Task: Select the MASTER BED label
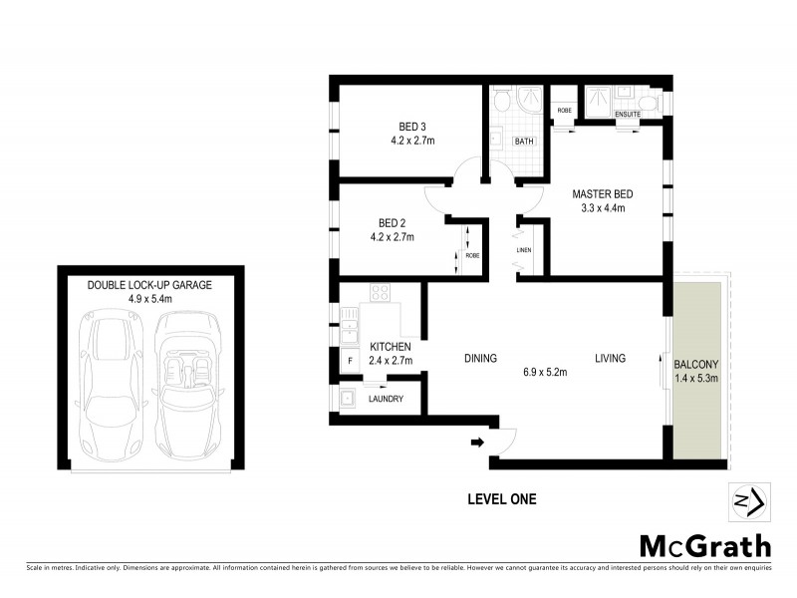pyautogui.click(x=603, y=193)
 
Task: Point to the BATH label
pyautogui.click(x=524, y=142)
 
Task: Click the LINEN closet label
pyautogui.click(x=524, y=249)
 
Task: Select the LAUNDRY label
pyautogui.click(x=386, y=399)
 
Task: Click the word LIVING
pyautogui.click(x=611, y=359)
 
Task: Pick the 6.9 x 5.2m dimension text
pyautogui.click(x=544, y=373)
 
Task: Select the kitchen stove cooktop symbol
pyautogui.click(x=379, y=293)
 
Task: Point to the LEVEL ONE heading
pyautogui.click(x=502, y=499)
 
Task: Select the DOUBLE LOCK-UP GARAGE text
pyautogui.click(x=149, y=284)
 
